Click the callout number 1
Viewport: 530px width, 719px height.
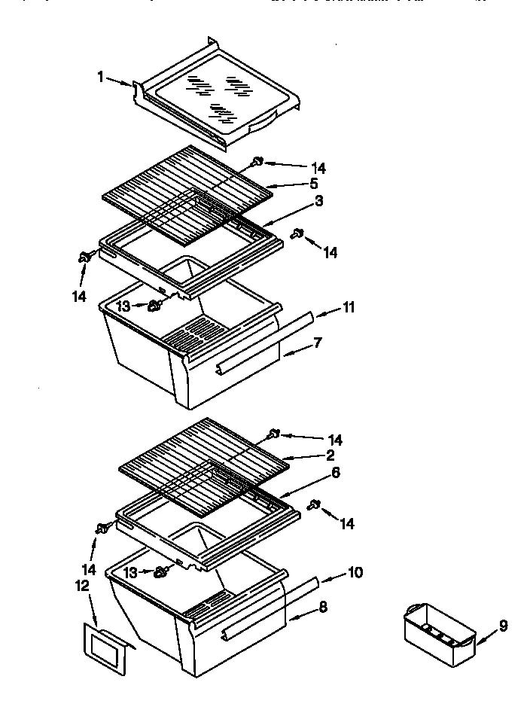click(x=100, y=77)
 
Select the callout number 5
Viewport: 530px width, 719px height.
click(x=314, y=183)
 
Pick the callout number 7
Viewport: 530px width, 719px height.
click(x=318, y=343)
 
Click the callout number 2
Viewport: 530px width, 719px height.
click(x=330, y=455)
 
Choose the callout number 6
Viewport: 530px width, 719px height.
click(x=336, y=473)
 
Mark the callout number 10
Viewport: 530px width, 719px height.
click(x=355, y=573)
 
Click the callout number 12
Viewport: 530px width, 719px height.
click(x=82, y=585)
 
